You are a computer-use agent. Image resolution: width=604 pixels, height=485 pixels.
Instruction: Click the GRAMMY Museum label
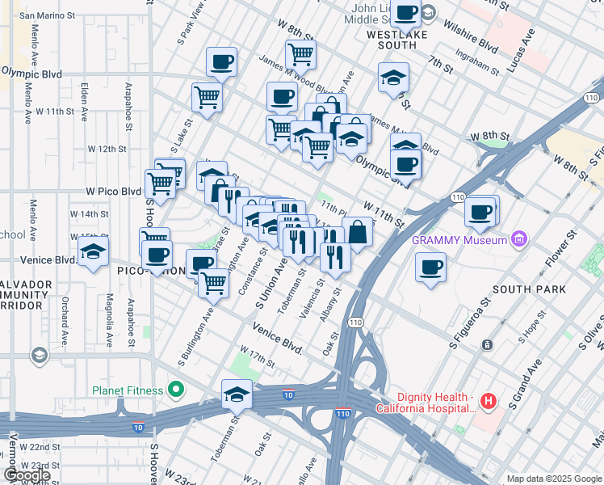tap(458, 239)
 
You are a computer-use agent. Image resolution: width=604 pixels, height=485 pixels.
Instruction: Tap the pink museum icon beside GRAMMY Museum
tap(518, 239)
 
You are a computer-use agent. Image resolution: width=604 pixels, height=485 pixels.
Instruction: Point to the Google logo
tap(27, 475)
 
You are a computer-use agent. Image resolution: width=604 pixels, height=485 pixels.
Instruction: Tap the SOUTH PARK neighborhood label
tap(528, 289)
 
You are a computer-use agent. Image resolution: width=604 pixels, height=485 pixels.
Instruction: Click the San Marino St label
tap(48, 15)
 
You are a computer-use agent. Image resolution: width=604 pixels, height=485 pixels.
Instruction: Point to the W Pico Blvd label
tap(114, 192)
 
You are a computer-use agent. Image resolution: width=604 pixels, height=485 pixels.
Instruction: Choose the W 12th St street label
tap(107, 149)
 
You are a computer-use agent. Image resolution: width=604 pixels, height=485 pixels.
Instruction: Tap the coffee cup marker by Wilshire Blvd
tap(407, 14)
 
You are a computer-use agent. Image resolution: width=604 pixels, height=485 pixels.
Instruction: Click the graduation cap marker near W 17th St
tap(237, 394)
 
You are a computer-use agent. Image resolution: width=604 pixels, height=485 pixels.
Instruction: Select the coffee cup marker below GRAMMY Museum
tap(430, 268)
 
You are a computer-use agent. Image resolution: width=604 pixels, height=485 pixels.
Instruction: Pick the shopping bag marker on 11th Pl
tap(358, 233)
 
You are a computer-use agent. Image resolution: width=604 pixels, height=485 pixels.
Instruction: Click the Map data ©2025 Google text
tap(553, 479)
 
